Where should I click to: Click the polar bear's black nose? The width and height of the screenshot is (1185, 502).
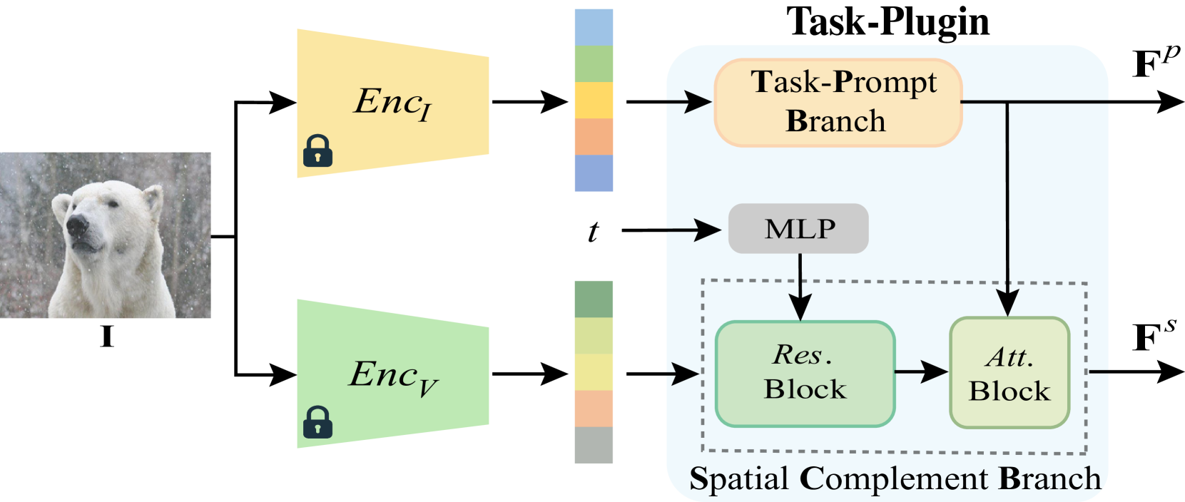tap(76, 226)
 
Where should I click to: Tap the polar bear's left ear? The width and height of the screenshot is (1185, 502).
tap(63, 207)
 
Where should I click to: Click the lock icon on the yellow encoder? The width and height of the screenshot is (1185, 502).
tap(317, 151)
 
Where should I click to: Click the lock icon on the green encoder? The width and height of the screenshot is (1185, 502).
tap(317, 422)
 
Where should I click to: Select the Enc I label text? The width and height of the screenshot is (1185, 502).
tap(392, 103)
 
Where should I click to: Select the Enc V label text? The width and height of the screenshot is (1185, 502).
tap(393, 376)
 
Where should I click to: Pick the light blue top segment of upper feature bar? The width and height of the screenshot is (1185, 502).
tap(594, 27)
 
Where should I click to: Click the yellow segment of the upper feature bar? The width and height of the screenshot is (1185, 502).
tap(594, 100)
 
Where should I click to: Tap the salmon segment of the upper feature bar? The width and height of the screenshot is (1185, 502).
tap(594, 136)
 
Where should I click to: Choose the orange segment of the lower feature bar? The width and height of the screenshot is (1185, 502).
tap(594, 409)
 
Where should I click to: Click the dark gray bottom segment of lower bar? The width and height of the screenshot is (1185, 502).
tap(594, 445)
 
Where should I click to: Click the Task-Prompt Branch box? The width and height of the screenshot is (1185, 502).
tap(838, 103)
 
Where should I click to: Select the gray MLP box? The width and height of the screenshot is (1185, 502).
tap(798, 229)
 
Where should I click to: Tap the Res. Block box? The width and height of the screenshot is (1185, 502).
tap(805, 374)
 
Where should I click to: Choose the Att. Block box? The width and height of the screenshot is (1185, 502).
tap(1009, 373)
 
